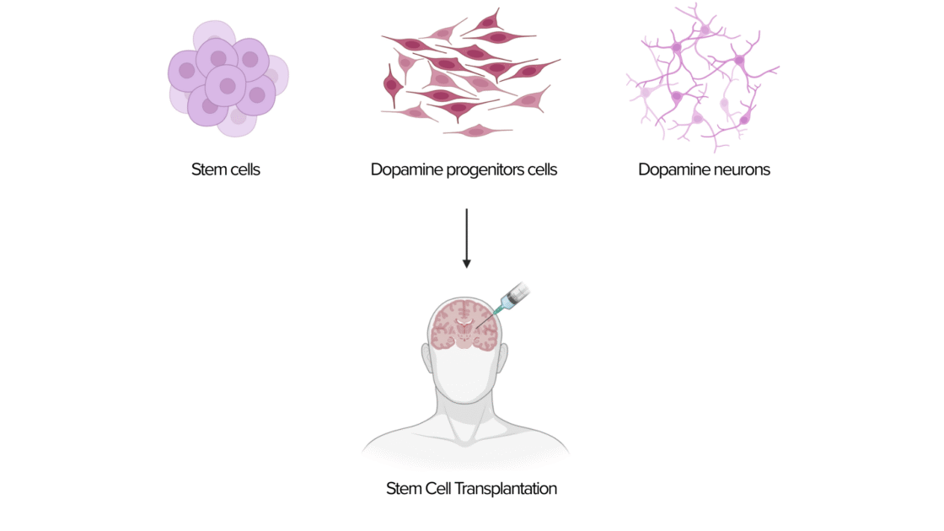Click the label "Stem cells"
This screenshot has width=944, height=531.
(226, 169)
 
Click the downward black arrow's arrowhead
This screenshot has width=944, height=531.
(466, 263)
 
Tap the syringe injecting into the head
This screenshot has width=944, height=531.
(511, 300)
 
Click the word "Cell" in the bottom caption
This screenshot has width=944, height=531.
(435, 488)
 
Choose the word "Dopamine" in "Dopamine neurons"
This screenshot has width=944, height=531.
(670, 169)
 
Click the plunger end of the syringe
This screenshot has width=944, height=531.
(523, 291)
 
